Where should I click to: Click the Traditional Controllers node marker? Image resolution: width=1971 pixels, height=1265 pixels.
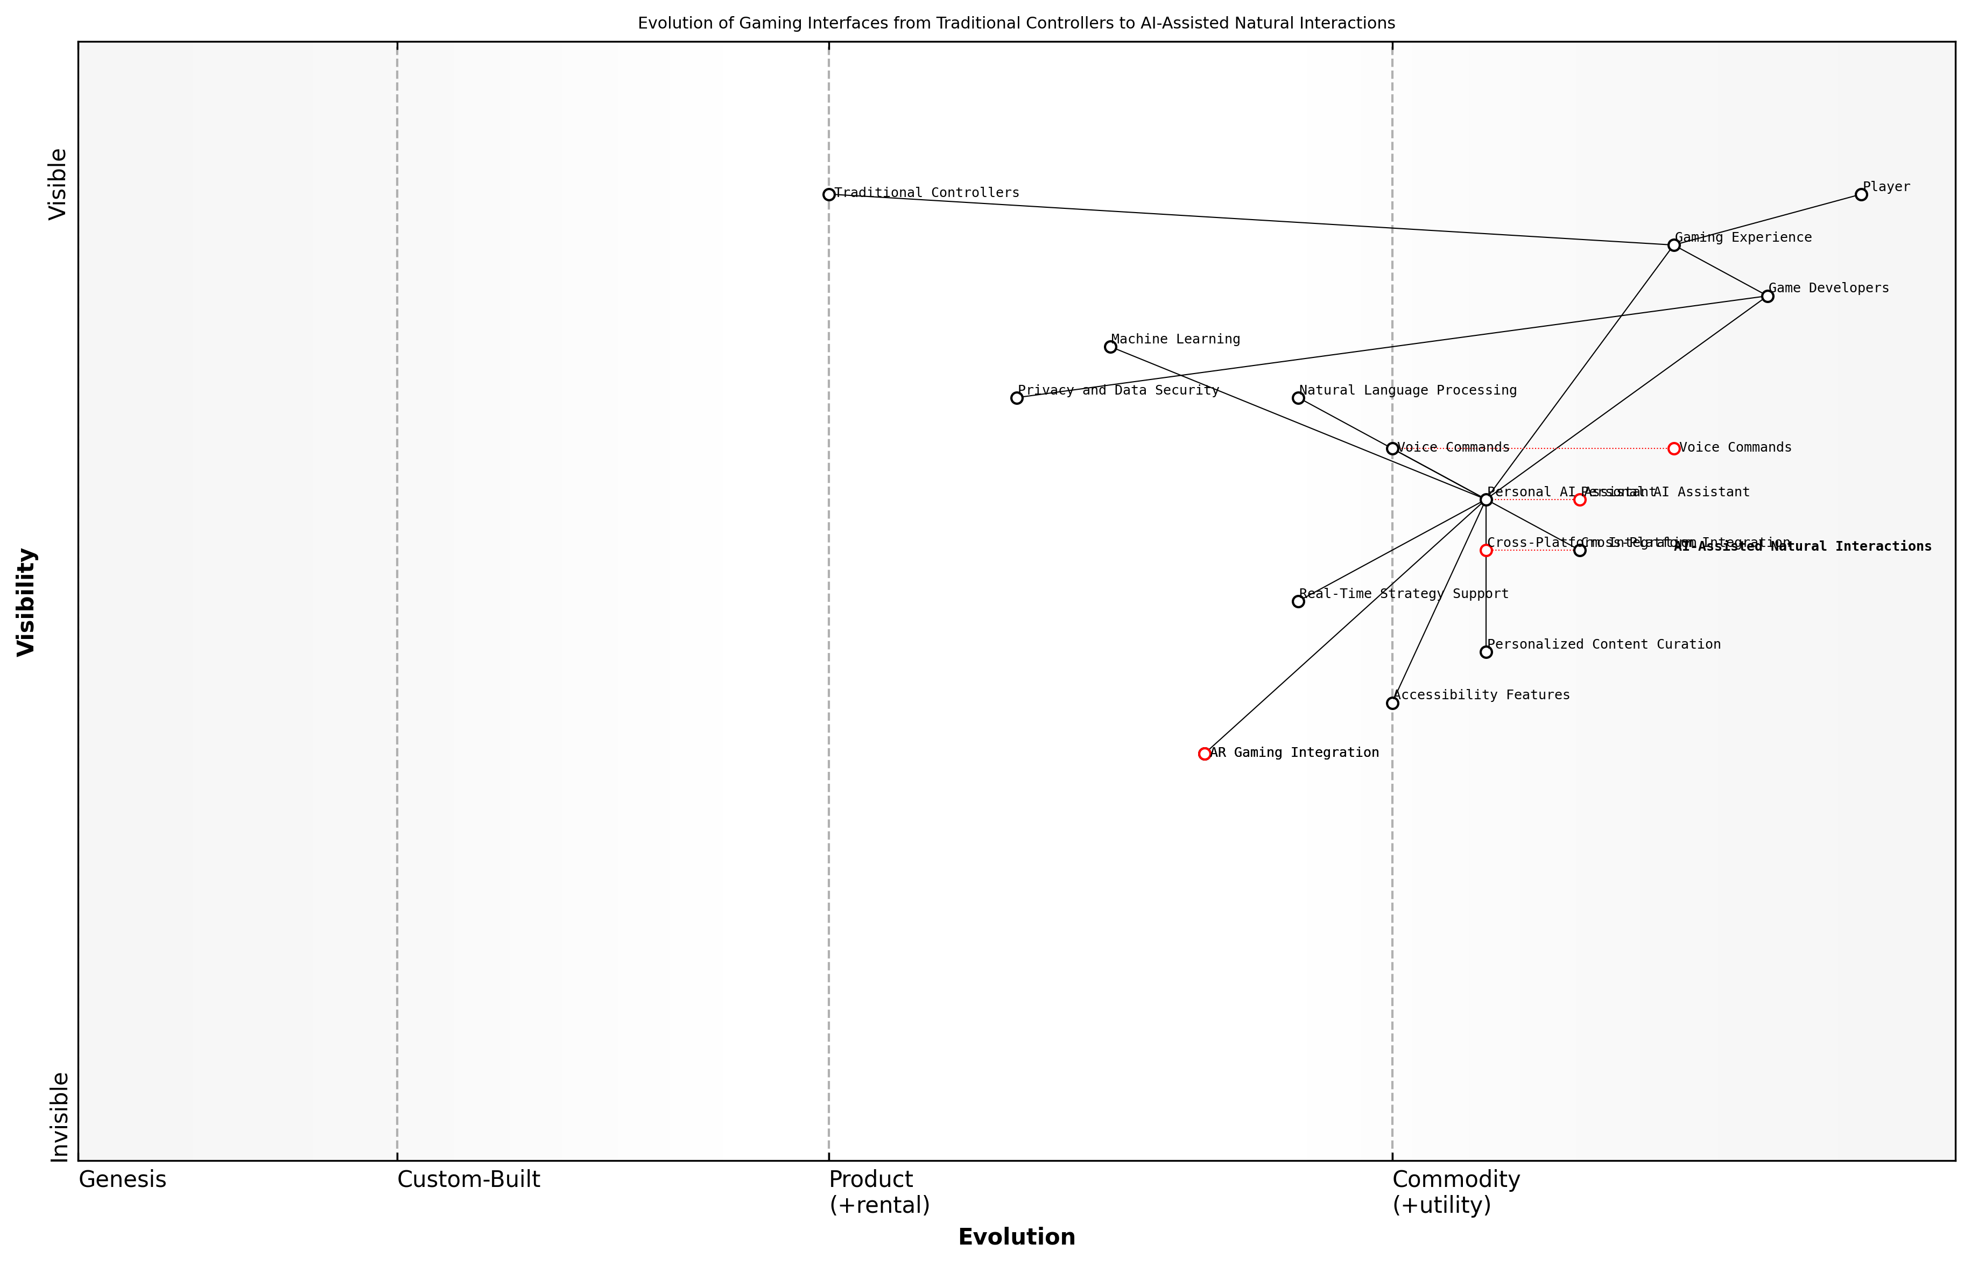(829, 195)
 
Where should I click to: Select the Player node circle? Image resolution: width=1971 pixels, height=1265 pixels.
(1861, 195)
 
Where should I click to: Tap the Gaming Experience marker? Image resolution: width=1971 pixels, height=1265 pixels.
(1674, 245)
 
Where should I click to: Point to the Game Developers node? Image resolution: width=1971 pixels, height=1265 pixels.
(1768, 296)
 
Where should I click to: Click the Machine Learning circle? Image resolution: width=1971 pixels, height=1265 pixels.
(1110, 347)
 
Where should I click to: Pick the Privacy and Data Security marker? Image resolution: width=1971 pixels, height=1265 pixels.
(1017, 398)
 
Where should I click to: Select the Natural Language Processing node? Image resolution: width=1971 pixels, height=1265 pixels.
(1298, 398)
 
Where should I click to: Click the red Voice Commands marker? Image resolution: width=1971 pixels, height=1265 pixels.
(1674, 448)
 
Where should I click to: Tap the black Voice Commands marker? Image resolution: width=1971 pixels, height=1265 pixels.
(1392, 448)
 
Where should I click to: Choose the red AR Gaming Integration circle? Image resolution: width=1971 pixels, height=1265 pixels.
(1205, 753)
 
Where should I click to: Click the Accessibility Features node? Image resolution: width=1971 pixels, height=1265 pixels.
(1392, 703)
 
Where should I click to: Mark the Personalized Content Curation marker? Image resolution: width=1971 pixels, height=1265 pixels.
(1486, 652)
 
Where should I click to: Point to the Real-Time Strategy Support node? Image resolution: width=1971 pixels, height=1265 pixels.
(1298, 601)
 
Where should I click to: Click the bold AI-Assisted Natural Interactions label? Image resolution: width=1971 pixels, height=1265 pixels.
(1803, 546)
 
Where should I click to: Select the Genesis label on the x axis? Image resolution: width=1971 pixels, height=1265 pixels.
(122, 1179)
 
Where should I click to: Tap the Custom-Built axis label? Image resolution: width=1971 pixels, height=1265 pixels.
(468, 1179)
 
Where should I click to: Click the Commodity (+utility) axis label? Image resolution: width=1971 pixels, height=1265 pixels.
(1455, 1192)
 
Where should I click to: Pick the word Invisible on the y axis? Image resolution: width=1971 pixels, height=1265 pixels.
(59, 1116)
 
